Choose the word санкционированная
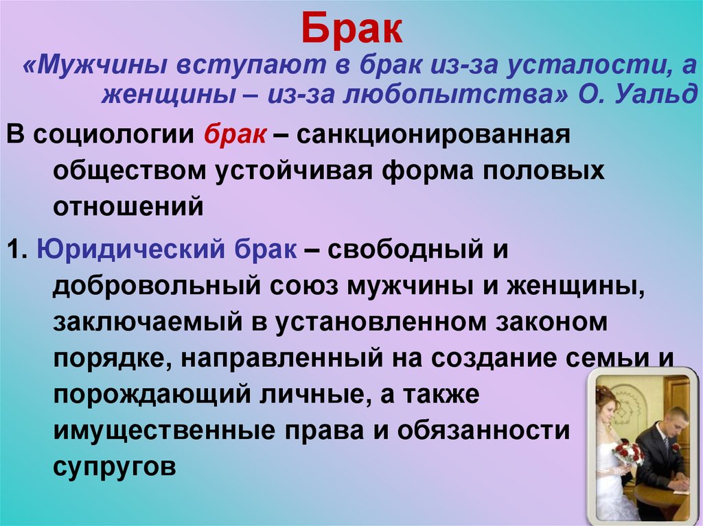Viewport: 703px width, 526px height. [x=434, y=135]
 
